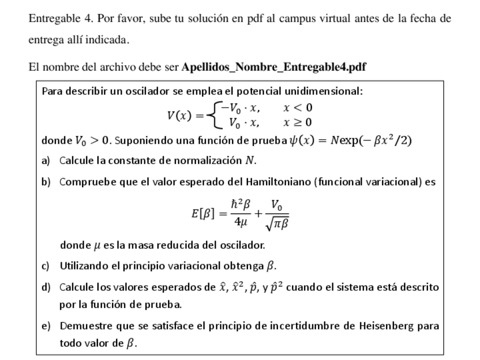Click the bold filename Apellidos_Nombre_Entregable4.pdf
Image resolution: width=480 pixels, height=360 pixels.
273,67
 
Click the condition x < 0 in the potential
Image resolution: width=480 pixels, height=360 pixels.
298,108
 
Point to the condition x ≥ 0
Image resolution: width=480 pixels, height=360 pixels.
298,122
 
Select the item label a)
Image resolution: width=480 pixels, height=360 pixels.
46,161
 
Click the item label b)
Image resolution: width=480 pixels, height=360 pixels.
46,182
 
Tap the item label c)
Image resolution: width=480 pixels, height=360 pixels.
46,265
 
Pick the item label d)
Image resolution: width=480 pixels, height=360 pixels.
46,288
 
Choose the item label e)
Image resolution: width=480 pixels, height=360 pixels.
46,326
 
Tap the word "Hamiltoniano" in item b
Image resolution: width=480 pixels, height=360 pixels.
278,182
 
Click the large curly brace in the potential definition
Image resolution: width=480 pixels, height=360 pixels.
213,115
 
